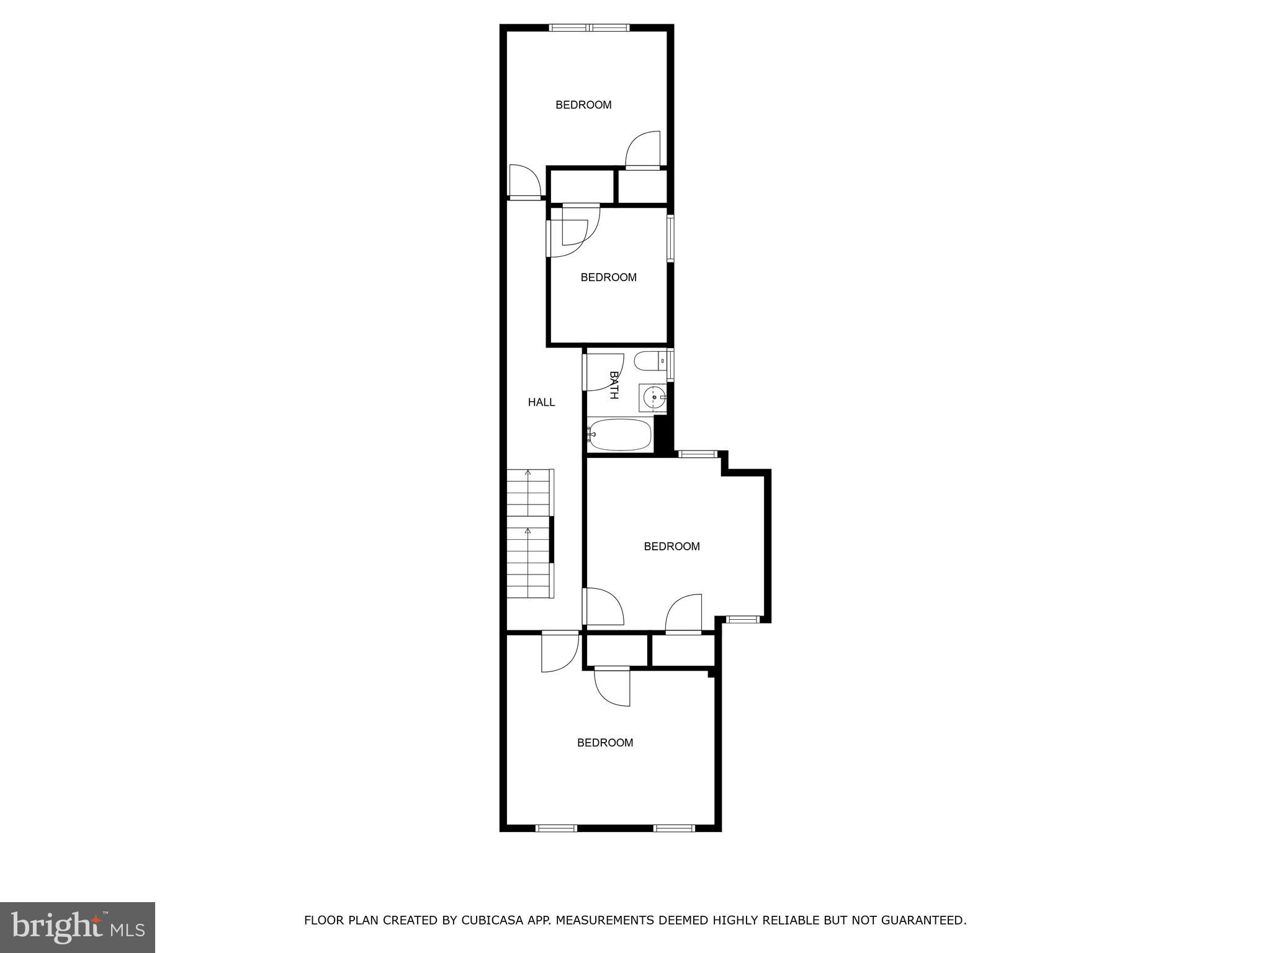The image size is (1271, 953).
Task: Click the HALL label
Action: click(541, 402)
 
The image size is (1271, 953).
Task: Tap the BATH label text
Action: click(614, 385)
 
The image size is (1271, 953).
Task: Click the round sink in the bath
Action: click(653, 396)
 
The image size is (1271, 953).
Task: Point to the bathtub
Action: click(620, 434)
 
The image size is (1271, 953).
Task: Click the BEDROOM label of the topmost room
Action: click(583, 105)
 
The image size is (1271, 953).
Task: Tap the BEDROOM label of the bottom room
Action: click(605, 743)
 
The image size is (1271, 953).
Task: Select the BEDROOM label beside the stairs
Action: click(671, 547)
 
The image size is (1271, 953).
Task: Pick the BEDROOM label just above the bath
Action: click(608, 277)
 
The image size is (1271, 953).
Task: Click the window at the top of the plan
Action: click(590, 27)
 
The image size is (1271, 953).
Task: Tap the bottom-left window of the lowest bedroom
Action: click(556, 828)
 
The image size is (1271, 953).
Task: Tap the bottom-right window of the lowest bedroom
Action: click(675, 828)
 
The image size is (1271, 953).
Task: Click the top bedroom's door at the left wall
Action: click(524, 181)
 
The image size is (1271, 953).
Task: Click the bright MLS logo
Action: click(78, 927)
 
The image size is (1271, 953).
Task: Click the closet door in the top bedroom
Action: click(643, 151)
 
